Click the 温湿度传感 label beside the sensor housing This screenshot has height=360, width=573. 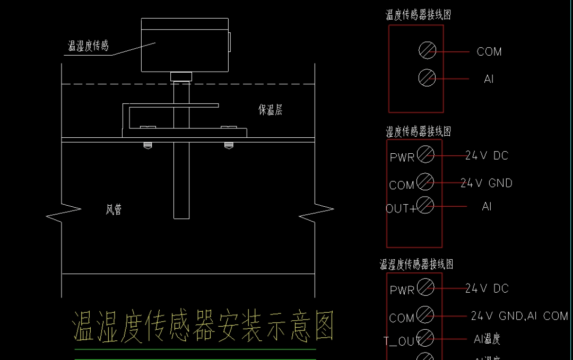pos(88,46)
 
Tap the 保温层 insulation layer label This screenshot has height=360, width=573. pos(270,110)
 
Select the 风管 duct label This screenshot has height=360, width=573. pos(114,210)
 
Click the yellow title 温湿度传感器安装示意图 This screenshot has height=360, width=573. pos(203,326)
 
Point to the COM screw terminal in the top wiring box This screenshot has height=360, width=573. pos(427,51)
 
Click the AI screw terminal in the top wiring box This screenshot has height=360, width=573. pos(427,78)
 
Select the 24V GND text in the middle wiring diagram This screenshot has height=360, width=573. pos(486,183)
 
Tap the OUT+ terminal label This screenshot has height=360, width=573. pos(401,209)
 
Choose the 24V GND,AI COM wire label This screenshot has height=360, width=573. pos(519,316)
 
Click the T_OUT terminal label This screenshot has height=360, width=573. pos(402,341)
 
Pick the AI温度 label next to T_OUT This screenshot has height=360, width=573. pos(487,339)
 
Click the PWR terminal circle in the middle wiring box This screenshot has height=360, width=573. pos(426,155)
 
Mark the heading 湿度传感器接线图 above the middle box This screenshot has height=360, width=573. pos(418,131)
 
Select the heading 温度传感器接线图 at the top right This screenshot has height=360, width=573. pos(418,15)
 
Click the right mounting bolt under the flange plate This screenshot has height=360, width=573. pos(229,145)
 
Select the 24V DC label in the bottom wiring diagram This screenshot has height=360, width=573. pos(487,288)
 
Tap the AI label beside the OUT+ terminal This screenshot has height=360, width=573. pos(487,207)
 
